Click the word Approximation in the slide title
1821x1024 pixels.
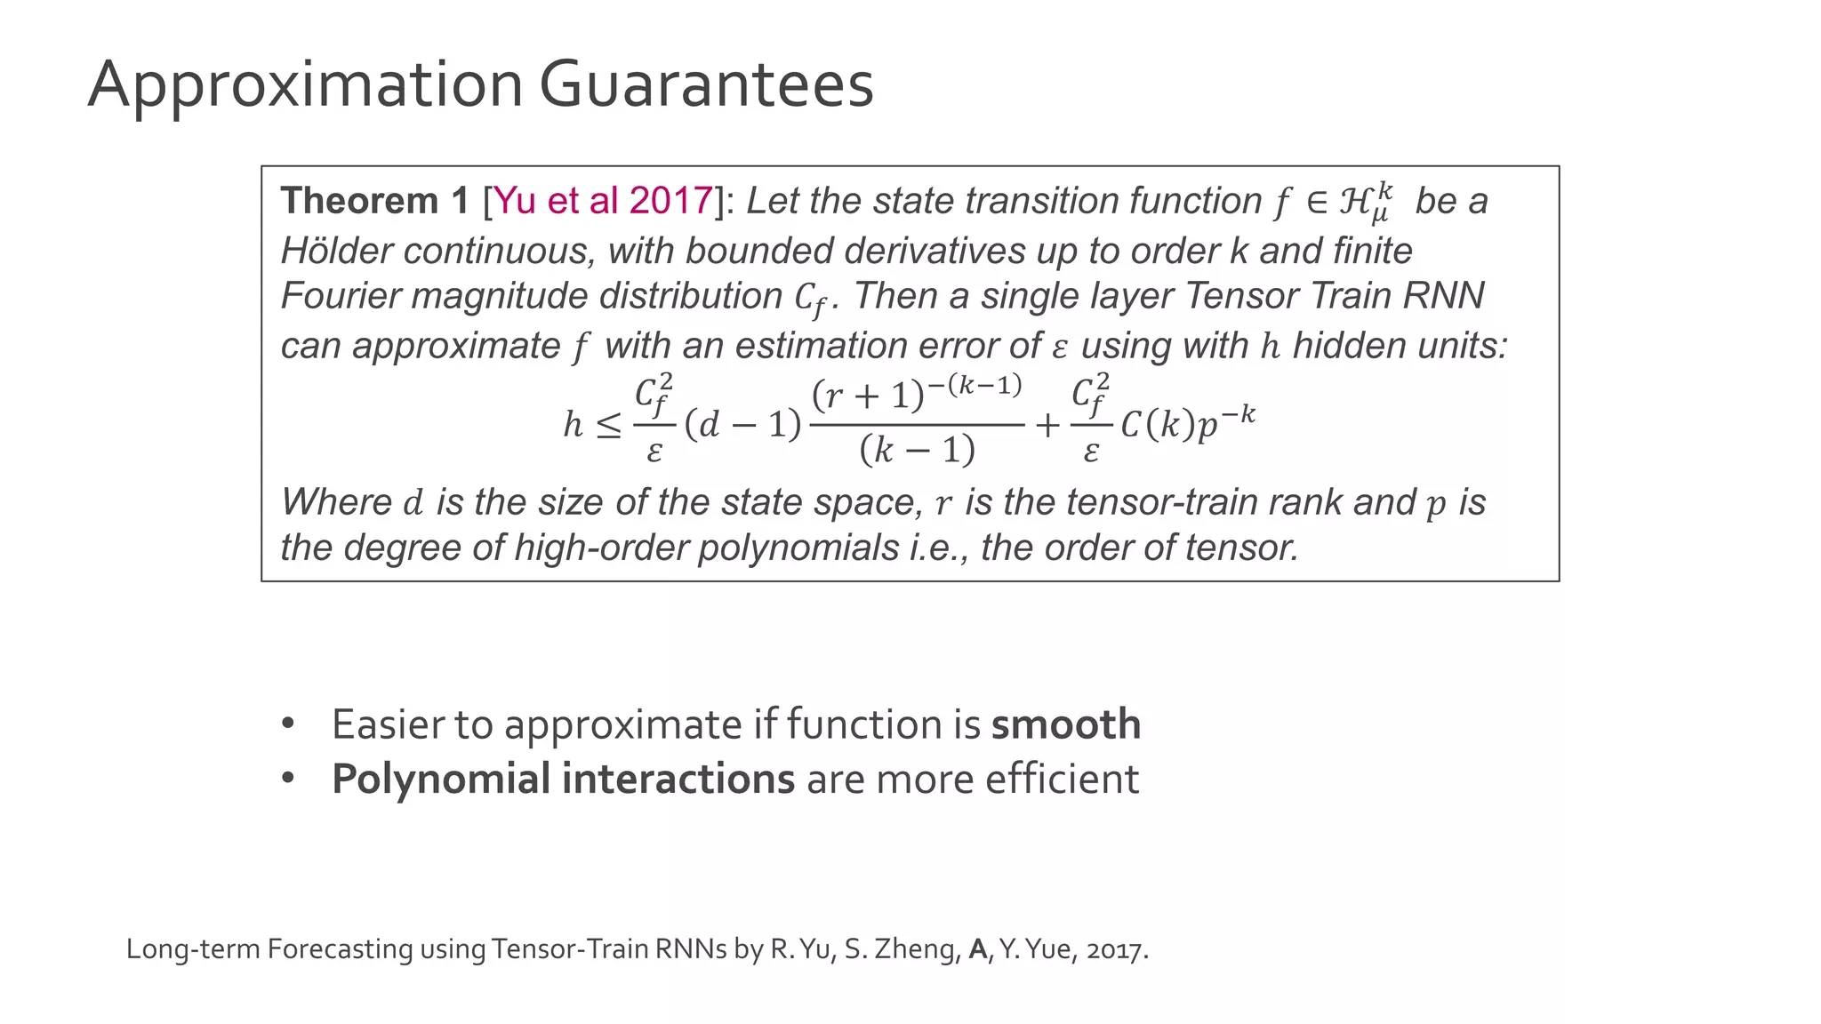point(305,85)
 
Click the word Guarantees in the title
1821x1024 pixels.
point(706,85)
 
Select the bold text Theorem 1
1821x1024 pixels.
point(374,201)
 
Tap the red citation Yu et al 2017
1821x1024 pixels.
point(603,201)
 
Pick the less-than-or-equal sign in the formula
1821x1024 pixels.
point(609,425)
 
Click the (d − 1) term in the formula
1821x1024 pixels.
point(742,425)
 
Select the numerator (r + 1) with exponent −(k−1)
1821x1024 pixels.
point(916,392)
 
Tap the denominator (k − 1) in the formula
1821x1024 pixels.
point(917,450)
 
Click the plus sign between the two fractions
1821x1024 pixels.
point(1047,425)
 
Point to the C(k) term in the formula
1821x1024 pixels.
point(1156,425)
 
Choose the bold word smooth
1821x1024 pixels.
point(1065,724)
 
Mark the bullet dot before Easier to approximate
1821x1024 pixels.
point(287,724)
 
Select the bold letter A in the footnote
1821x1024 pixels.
point(977,949)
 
